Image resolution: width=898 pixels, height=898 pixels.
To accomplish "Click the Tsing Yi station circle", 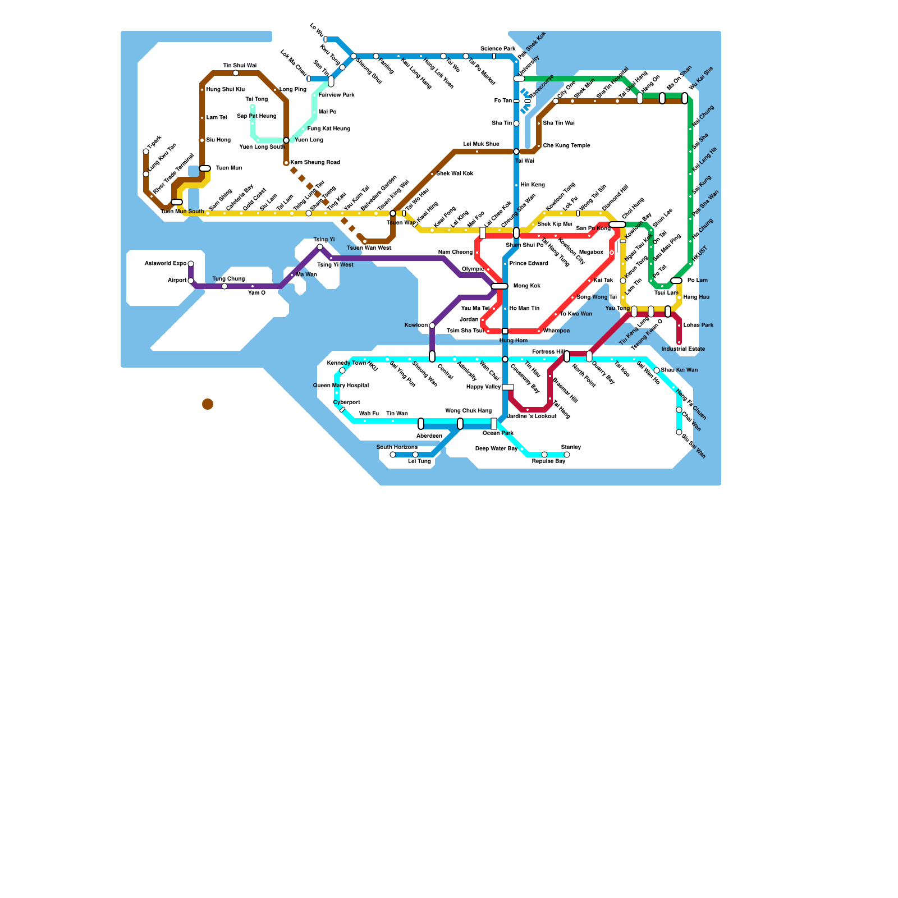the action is pos(320,247).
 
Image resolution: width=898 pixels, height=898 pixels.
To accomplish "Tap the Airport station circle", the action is pos(191,281).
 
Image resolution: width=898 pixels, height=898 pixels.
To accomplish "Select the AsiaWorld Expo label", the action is pos(165,264).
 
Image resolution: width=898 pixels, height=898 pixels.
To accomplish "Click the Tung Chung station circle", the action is pos(224,286).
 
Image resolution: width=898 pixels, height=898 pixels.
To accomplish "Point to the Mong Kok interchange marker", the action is pos(499,286).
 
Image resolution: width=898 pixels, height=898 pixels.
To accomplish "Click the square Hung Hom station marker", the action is pos(505,331).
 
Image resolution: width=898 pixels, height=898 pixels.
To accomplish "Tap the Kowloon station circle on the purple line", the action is pos(432,326).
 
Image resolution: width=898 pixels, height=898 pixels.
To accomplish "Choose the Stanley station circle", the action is pos(567,455).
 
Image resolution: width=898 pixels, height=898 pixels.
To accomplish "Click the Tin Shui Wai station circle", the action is pos(236,73).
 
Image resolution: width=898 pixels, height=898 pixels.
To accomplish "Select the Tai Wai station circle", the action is pos(516,152).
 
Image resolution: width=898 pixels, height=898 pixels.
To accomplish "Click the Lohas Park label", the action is pos(698,326).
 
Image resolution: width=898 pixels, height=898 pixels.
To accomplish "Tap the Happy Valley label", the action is pos(483,387).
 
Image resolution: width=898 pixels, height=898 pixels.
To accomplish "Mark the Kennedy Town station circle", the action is pos(342,370).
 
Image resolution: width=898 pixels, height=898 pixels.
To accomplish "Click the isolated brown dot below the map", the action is pos(208,404).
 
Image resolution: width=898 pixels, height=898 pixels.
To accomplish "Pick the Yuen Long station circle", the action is pos(286,140).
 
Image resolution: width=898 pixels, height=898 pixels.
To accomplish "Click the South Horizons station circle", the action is pos(393,455).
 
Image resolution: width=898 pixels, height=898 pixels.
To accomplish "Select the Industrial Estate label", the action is pos(683,349).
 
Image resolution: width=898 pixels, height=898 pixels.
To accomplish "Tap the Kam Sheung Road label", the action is pos(315,163).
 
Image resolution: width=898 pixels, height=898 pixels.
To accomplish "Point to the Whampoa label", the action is pos(556,331).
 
